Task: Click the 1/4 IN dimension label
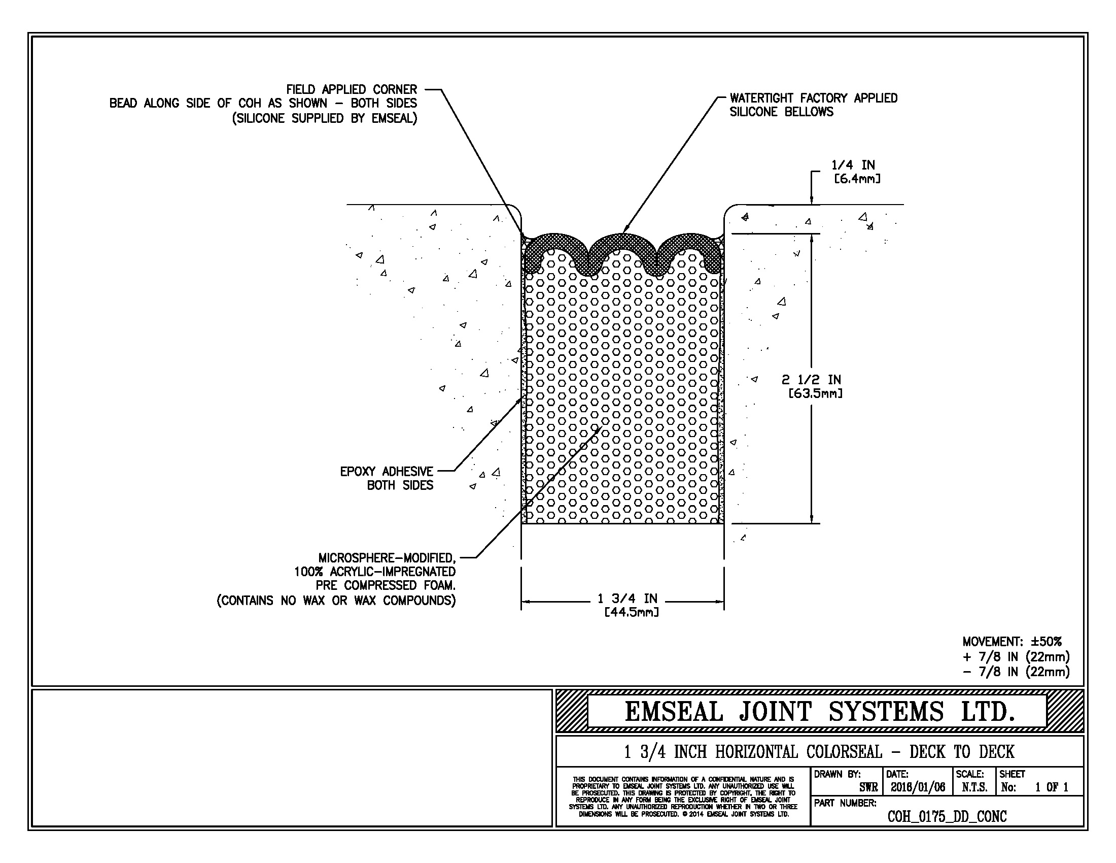[x=853, y=165]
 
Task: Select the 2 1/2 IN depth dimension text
[x=812, y=379]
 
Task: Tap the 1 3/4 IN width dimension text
[x=627, y=598]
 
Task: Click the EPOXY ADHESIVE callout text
[x=387, y=472]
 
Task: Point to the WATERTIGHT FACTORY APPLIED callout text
[x=813, y=98]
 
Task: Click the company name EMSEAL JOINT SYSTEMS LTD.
[x=819, y=712]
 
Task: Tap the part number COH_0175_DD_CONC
[x=947, y=816]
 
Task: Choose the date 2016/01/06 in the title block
[x=918, y=787]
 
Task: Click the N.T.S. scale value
[x=974, y=787]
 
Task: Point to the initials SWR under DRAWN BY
[x=868, y=787]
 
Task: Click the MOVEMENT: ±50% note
[x=1012, y=642]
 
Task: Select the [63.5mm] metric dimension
[x=815, y=393]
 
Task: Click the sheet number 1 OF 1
[x=1052, y=787]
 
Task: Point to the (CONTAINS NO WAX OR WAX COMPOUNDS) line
[x=336, y=600]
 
